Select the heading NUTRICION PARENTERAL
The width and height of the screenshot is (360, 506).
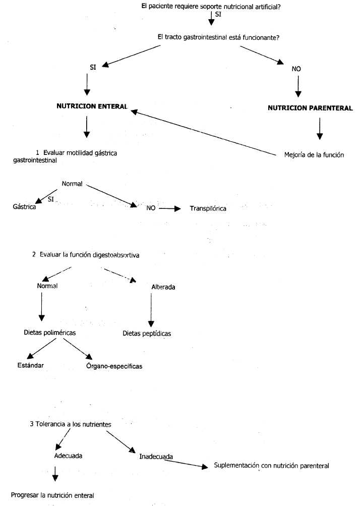click(x=310, y=107)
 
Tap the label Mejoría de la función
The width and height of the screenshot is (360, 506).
click(x=314, y=155)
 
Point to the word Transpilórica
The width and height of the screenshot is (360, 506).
click(x=208, y=208)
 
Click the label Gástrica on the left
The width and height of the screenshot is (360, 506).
click(x=24, y=207)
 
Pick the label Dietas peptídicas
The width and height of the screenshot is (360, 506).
click(x=147, y=333)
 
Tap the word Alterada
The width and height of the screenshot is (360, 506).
click(x=164, y=287)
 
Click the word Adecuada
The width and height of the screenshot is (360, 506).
click(x=69, y=455)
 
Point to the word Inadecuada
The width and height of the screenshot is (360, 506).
click(x=156, y=457)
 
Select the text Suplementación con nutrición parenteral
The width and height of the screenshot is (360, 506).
click(x=271, y=466)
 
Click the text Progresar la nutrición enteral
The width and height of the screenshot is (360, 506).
click(x=53, y=494)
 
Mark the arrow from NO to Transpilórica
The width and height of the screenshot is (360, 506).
click(x=169, y=208)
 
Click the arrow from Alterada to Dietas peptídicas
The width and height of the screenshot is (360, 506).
click(x=150, y=310)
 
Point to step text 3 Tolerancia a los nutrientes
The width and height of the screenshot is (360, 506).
click(x=71, y=424)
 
